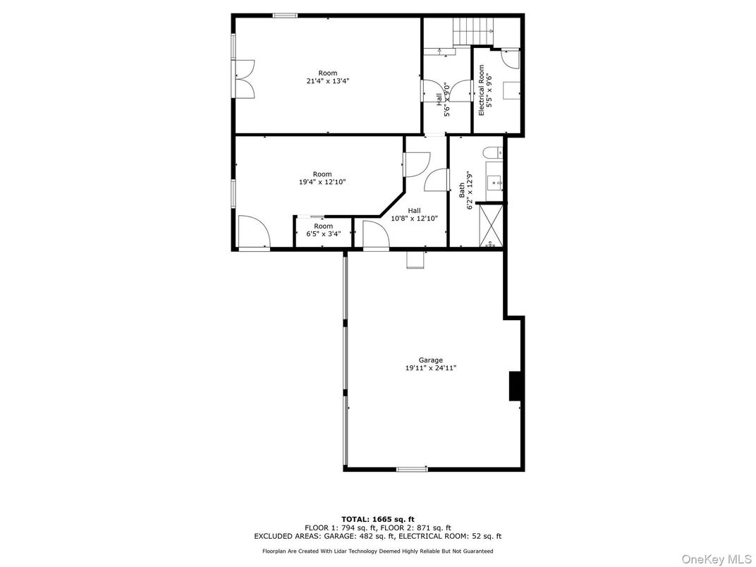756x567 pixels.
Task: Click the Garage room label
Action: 431,360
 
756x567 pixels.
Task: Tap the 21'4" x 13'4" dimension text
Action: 328,81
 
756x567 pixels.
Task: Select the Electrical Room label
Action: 481,91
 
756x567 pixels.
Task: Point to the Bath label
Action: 461,190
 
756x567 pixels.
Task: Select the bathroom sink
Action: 494,183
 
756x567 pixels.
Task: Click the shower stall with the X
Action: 489,226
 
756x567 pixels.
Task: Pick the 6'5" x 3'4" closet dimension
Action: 324,234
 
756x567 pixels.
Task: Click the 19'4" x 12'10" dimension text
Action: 322,182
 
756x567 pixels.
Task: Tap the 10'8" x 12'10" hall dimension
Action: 414,219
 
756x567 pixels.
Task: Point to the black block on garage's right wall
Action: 515,386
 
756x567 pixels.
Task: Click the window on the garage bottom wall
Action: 412,469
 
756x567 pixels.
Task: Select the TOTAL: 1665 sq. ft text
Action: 378,519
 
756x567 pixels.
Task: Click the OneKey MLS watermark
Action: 717,559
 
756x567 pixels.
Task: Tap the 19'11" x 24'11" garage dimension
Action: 431,368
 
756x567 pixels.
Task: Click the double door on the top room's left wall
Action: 244,79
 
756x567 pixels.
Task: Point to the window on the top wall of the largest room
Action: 284,16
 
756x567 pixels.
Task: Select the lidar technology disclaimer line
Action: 377,551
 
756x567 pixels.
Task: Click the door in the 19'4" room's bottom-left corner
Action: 254,233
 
